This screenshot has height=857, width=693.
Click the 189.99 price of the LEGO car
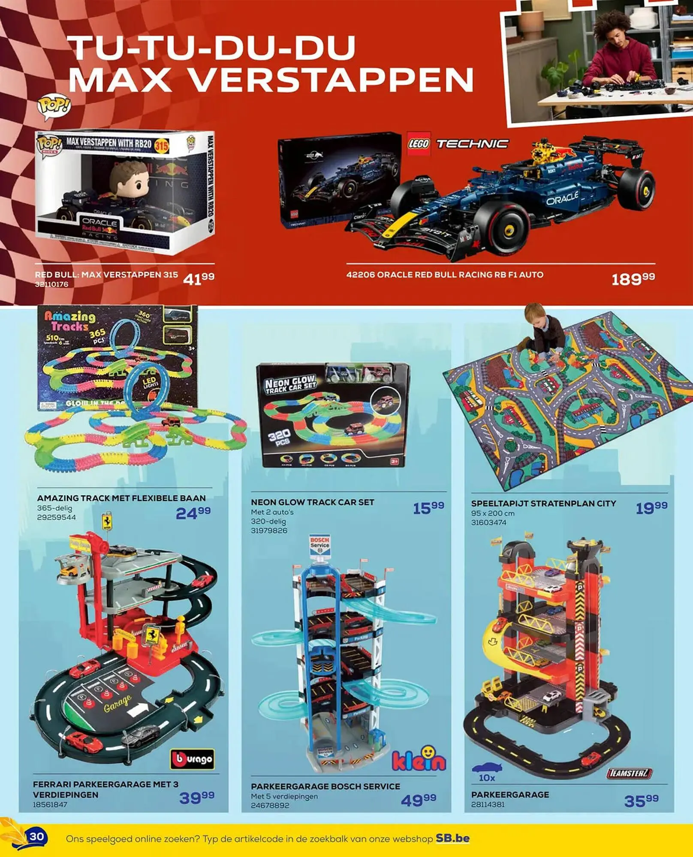click(x=633, y=279)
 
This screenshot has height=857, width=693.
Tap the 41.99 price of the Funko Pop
click(x=199, y=279)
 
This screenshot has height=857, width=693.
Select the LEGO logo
click(x=418, y=144)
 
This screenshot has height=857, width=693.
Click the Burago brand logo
click(x=193, y=759)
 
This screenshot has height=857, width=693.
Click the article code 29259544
click(x=56, y=517)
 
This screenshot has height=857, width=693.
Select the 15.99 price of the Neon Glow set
click(x=428, y=508)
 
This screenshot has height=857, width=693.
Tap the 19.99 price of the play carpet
click(x=651, y=508)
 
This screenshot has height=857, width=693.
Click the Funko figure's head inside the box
click(x=130, y=180)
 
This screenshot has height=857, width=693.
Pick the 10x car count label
click(x=487, y=777)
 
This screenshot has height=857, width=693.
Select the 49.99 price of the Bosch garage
click(x=419, y=800)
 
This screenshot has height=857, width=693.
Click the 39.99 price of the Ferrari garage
click(x=197, y=797)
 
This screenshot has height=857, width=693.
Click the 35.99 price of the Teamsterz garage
click(x=641, y=800)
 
